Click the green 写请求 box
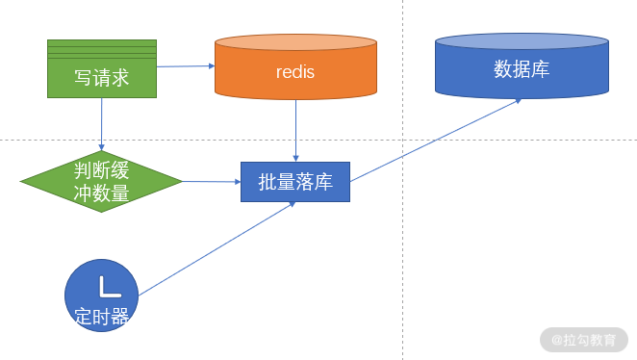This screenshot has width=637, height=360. point(102,68)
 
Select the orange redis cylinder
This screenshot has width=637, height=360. point(295,67)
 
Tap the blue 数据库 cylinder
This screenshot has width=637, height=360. point(522,65)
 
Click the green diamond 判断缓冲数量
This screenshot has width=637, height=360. point(102,181)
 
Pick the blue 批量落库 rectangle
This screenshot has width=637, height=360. point(295,182)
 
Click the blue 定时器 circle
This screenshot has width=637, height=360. point(102,296)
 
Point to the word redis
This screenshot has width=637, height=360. point(295,72)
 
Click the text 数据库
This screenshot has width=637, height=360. point(522,69)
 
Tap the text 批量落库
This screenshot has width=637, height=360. point(295,182)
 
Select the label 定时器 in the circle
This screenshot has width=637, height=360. point(102,316)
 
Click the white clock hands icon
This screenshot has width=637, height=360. point(110,287)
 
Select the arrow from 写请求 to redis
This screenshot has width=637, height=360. point(186,66)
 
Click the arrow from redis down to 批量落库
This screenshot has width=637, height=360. point(295,131)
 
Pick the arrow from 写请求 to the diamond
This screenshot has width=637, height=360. point(102,124)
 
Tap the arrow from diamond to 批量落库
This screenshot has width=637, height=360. point(212,182)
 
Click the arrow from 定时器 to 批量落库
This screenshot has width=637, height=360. point(217,248)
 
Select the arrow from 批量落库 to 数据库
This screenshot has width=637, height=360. point(436,141)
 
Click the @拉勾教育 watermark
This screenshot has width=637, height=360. point(584,340)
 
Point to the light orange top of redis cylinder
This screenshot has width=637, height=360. point(295,42)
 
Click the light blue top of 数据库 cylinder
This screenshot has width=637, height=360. point(522,41)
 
